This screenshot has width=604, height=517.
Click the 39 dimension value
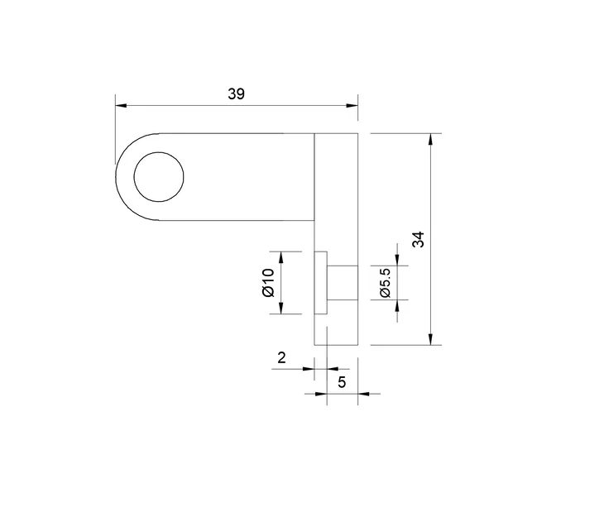tap(236, 94)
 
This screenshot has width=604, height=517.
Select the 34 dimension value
tap(419, 240)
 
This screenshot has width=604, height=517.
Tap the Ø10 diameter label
tap(268, 283)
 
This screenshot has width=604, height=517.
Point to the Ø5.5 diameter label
tap(385, 282)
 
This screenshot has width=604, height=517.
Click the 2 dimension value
tap(281, 357)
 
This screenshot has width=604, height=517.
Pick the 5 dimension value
tap(342, 381)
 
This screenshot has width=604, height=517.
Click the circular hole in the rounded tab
tap(159, 177)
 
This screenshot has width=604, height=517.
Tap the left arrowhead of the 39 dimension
tap(121, 106)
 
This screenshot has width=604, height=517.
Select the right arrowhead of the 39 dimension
tap(352, 106)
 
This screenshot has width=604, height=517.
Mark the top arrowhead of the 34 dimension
tap(430, 138)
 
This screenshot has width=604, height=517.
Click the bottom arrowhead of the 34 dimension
tap(430, 339)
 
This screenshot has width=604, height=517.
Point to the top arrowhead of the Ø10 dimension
tap(282, 256)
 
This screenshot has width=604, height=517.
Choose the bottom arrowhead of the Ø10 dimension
tap(282, 309)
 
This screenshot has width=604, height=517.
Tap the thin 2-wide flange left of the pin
tap(321, 282)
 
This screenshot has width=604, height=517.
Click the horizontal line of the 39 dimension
tap(236, 106)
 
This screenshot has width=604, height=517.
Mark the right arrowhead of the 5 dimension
tap(352, 394)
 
